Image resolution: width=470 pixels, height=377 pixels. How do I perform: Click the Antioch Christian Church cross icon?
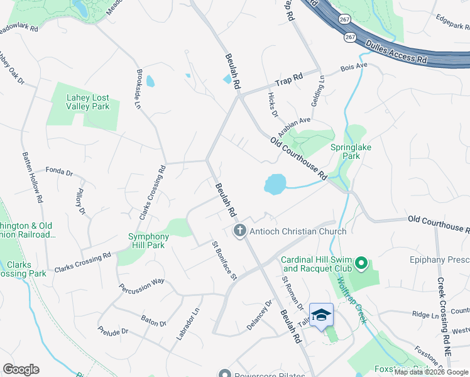(239, 231)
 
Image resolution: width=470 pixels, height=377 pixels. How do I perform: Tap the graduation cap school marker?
(321, 315)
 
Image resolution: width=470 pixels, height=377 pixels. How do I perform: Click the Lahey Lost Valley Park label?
(88, 102)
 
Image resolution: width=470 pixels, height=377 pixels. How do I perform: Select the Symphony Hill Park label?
(149, 241)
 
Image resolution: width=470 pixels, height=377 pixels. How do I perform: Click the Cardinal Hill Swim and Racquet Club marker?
(361, 263)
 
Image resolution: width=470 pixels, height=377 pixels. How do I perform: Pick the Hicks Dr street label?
(273, 105)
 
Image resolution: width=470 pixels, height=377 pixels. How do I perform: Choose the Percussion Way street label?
(141, 283)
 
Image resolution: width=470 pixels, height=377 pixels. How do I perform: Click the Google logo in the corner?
(21, 369)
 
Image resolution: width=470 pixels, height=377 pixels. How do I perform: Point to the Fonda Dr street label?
(60, 172)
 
